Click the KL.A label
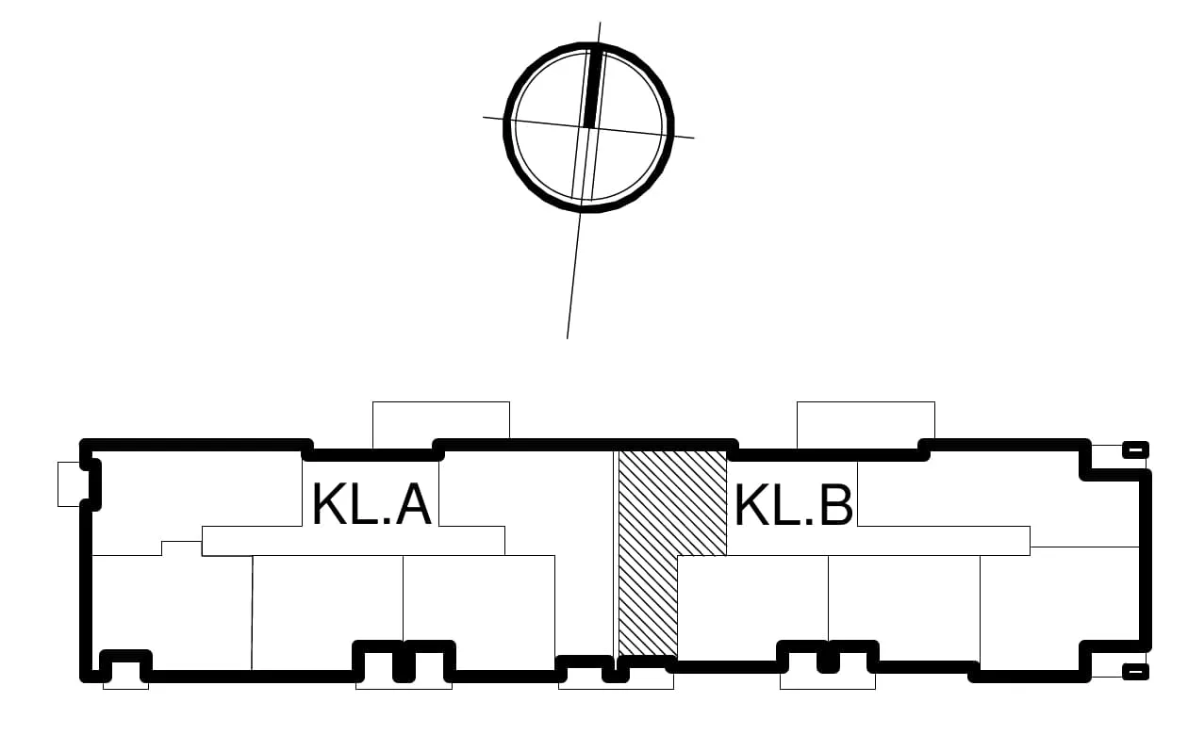click(371, 503)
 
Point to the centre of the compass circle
click(588, 127)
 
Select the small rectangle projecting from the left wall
click(70, 483)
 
